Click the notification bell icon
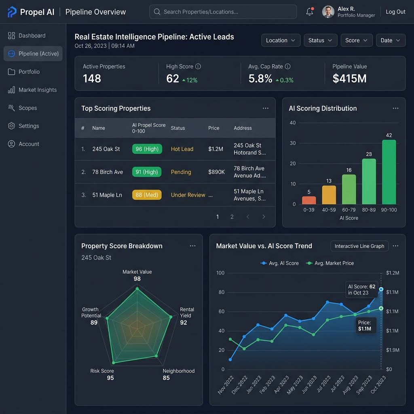(310, 12)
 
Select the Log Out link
(395, 12)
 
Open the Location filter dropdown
(281, 40)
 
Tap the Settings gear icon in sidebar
(11, 126)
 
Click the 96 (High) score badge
(147, 149)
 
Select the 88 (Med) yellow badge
(147, 195)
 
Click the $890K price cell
(216, 172)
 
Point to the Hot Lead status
(182, 149)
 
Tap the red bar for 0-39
(309, 200)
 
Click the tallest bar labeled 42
(389, 172)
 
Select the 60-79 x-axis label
(349, 210)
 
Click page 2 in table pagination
(232, 217)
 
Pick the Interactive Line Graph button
(359, 246)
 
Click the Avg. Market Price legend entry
(330, 263)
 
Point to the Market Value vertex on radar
(137, 289)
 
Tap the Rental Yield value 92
(184, 322)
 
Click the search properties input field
(223, 12)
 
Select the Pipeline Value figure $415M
(349, 78)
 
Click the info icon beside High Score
(198, 67)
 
